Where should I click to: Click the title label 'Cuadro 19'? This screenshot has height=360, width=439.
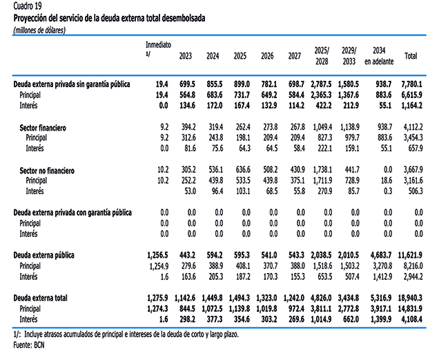(28, 6)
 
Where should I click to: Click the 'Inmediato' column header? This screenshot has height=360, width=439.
(158, 45)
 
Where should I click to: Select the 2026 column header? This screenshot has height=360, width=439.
(267, 56)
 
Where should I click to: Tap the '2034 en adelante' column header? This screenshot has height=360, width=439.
(379, 56)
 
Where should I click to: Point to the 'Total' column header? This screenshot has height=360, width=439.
(411, 56)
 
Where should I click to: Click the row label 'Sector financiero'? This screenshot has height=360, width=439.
(43, 128)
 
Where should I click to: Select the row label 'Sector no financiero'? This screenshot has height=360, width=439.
(47, 171)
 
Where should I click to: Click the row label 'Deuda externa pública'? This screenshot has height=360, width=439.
(44, 256)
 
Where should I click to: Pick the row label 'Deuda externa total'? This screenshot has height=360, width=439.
(40, 298)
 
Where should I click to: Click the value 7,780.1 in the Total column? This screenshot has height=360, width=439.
(411, 84)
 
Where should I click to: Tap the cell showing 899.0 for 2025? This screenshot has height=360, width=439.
(242, 84)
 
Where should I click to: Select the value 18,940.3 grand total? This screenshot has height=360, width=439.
(410, 298)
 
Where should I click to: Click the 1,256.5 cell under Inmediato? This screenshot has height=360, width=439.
(157, 256)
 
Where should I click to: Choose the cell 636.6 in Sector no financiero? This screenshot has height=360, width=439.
(242, 170)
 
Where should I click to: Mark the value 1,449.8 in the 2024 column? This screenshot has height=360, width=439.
(212, 298)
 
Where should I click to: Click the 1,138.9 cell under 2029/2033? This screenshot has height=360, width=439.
(350, 127)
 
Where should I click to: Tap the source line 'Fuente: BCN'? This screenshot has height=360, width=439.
(29, 345)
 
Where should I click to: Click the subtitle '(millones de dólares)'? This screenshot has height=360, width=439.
(39, 30)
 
